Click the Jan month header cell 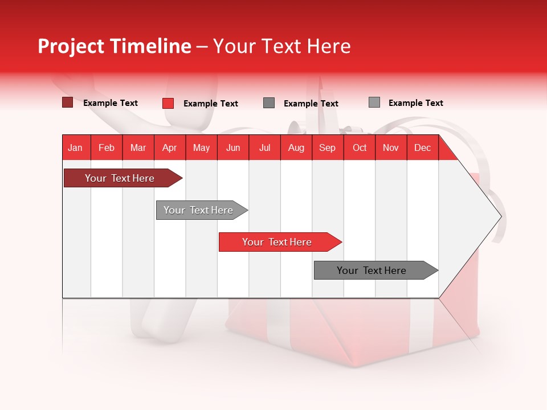[76, 147]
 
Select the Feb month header [107, 147]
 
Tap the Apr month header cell [170, 147]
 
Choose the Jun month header [233, 147]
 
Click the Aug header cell [296, 147]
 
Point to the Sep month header [328, 147]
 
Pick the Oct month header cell [360, 147]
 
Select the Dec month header [423, 147]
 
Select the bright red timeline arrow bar [277, 242]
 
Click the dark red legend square [67, 102]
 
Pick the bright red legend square [168, 103]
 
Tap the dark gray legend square [269, 103]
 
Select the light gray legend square [374, 102]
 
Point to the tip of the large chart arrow [500, 216]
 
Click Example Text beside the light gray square [415, 103]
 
